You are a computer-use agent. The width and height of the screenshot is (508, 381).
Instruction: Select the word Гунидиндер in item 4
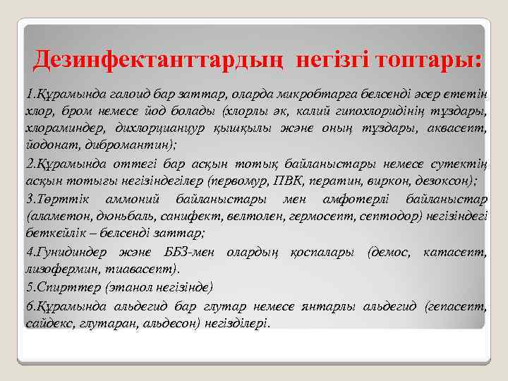66,251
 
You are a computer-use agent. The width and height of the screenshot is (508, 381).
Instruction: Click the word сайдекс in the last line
44,322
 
